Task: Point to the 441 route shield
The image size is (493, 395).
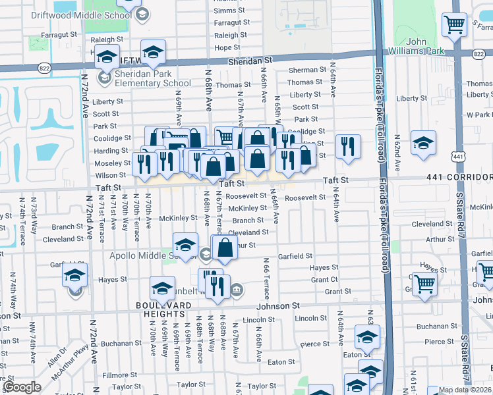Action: point(459,156)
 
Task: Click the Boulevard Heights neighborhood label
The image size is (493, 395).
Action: point(163,305)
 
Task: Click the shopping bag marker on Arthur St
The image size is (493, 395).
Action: point(225,248)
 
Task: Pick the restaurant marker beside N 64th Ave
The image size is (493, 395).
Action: point(347,146)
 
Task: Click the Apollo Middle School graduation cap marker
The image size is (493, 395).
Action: point(186,244)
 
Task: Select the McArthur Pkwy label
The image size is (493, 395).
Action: point(82,367)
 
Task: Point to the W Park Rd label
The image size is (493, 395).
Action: point(478,115)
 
